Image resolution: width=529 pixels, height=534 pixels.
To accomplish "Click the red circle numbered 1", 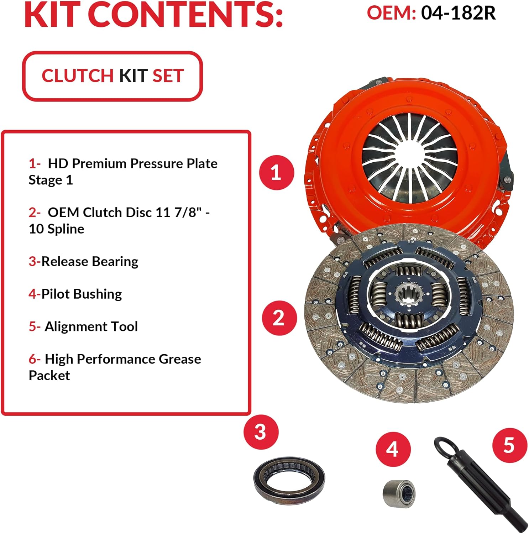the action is (277, 173).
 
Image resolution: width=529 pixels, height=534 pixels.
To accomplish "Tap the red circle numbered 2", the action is (279, 318).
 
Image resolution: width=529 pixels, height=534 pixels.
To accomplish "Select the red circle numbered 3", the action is (261, 432).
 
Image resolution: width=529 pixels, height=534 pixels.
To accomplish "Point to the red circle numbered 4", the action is (393, 449).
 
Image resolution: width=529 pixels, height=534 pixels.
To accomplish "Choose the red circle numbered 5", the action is (509, 445).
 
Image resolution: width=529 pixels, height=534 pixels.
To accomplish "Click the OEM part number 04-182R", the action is (458, 13).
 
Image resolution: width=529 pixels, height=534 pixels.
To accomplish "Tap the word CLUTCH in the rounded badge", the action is (78, 76).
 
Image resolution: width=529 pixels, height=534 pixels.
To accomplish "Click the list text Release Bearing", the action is (90, 262).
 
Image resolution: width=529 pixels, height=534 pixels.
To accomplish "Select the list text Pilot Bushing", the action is (82, 294).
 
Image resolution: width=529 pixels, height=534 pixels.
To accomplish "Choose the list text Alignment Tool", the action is (91, 326).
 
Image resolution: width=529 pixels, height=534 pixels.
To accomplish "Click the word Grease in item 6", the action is (180, 359).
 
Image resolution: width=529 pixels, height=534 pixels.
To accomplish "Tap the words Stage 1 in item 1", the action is (51, 180).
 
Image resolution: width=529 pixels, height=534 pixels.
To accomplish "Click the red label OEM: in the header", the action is (391, 13).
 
